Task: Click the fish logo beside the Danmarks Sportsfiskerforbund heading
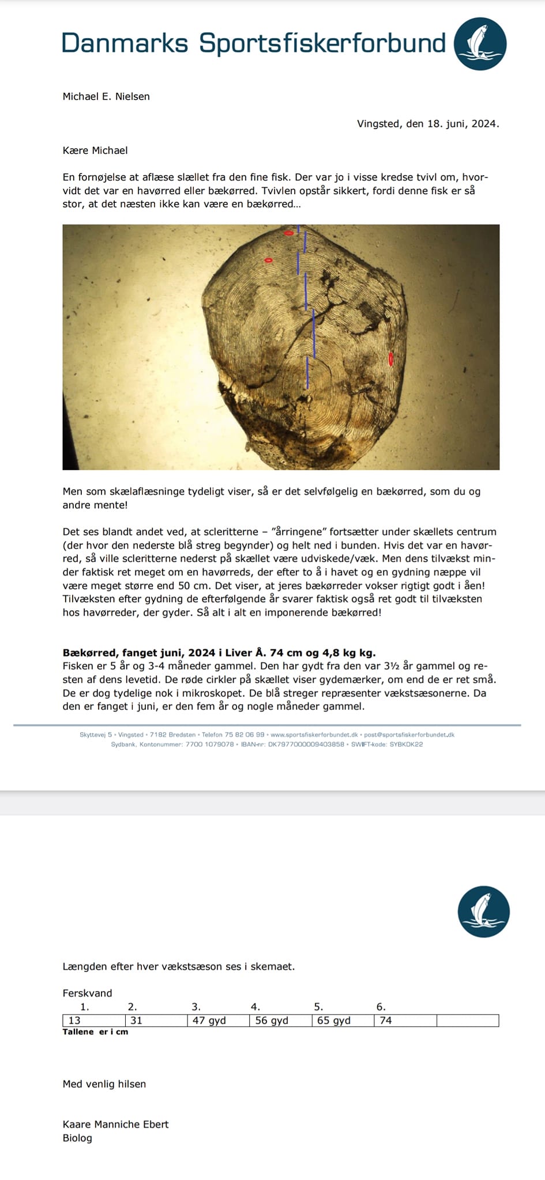tap(480, 44)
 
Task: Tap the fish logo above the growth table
tap(483, 911)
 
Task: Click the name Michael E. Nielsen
tap(106, 96)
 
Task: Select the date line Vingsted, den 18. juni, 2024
tap(427, 123)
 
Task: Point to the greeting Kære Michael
tap(95, 150)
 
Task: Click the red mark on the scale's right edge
tap(391, 358)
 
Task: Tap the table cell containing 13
tap(93, 1020)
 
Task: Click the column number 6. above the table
tap(381, 1007)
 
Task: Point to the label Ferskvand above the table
tap(87, 993)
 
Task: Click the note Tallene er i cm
tap(95, 1032)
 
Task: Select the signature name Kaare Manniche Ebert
tap(115, 1124)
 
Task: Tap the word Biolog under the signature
tap(77, 1138)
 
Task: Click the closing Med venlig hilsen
tap(104, 1084)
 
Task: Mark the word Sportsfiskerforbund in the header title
tap(322, 44)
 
